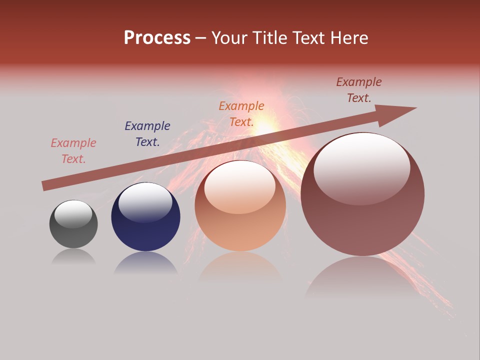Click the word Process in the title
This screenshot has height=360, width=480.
pos(157,38)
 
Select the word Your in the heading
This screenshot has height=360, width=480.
pos(228,38)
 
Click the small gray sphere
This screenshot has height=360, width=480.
pos(73,224)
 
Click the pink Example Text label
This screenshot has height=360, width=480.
pos(73,151)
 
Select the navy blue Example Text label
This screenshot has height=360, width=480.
pos(147,134)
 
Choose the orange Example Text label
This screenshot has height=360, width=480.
pos(241,114)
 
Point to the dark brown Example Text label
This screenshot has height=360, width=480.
pos(359,90)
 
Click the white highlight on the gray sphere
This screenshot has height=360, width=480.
pos(73,213)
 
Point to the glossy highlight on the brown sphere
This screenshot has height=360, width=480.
pos(361,167)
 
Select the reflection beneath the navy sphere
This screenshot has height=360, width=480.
pos(145,263)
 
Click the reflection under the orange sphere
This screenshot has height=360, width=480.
pos(240,267)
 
